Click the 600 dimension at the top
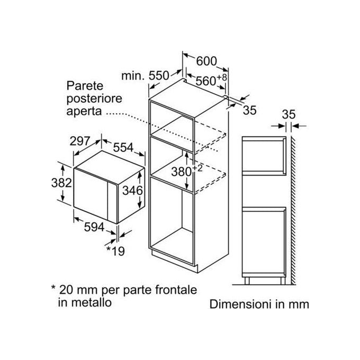[206, 61]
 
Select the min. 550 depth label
[145, 76]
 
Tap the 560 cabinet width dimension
[206, 81]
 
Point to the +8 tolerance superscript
[221, 77]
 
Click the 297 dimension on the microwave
[79, 141]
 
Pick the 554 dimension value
[123, 148]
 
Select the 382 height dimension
[61, 183]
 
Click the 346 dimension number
[132, 191]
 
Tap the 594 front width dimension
[94, 227]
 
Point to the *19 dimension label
[115, 251]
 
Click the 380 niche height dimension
[182, 172]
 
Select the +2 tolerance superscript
[197, 168]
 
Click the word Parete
[85, 86]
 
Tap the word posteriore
[94, 99]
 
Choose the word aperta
[84, 112]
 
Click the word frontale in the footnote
[176, 290]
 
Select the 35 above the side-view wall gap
[289, 114]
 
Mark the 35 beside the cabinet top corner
[249, 110]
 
